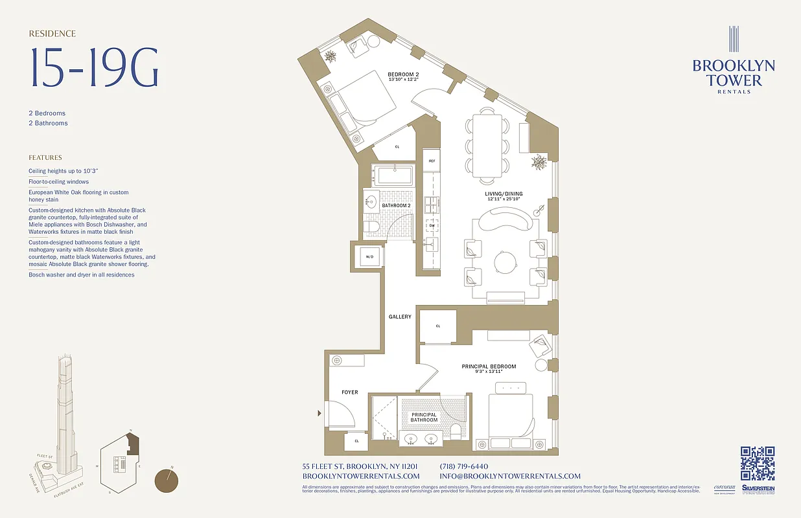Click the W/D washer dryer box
click(369, 256)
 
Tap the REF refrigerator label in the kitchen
click(432, 160)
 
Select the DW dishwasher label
click(432, 225)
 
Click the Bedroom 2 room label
click(403, 75)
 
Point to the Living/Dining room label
click(504, 194)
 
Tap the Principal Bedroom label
click(489, 367)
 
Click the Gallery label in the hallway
click(400, 317)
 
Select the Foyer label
click(350, 392)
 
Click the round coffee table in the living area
click(505, 262)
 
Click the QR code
click(757, 464)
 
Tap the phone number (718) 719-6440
click(463, 466)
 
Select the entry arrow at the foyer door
click(319, 413)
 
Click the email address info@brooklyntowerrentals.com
click(509, 476)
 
